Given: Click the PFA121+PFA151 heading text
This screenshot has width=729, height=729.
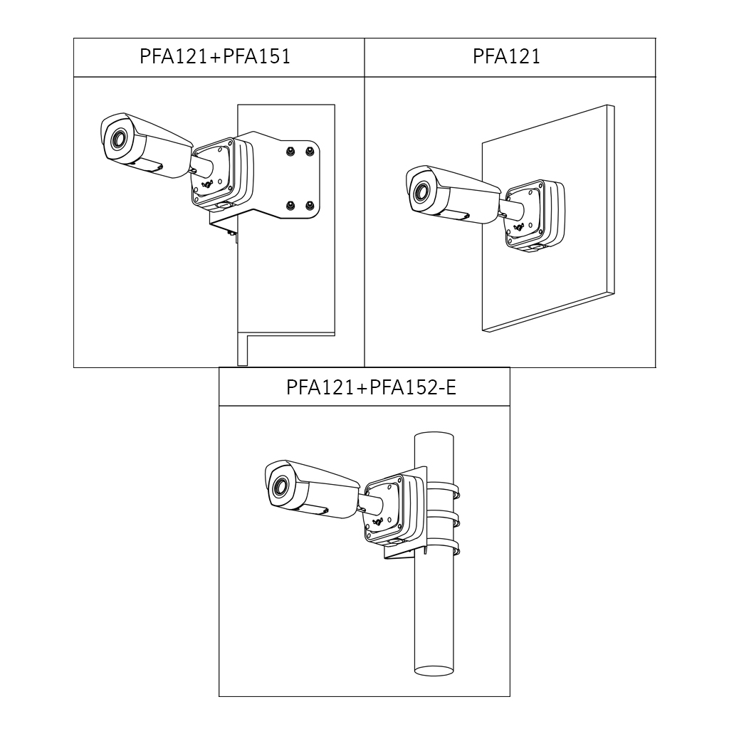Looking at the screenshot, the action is click(x=215, y=56).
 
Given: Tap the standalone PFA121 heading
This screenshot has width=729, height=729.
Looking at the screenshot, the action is click(x=506, y=56).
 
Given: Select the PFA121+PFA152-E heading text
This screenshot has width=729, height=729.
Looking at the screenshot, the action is click(x=371, y=387).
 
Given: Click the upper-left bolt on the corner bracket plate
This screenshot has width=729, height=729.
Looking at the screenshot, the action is click(x=290, y=151).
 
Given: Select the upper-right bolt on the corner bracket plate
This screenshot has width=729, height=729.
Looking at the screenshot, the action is click(x=309, y=151).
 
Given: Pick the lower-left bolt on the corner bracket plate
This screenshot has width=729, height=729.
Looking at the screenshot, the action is click(x=290, y=204).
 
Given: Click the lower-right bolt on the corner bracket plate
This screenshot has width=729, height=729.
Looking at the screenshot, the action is click(x=309, y=204).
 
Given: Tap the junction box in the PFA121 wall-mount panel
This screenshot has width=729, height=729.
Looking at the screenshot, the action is click(x=535, y=215).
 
